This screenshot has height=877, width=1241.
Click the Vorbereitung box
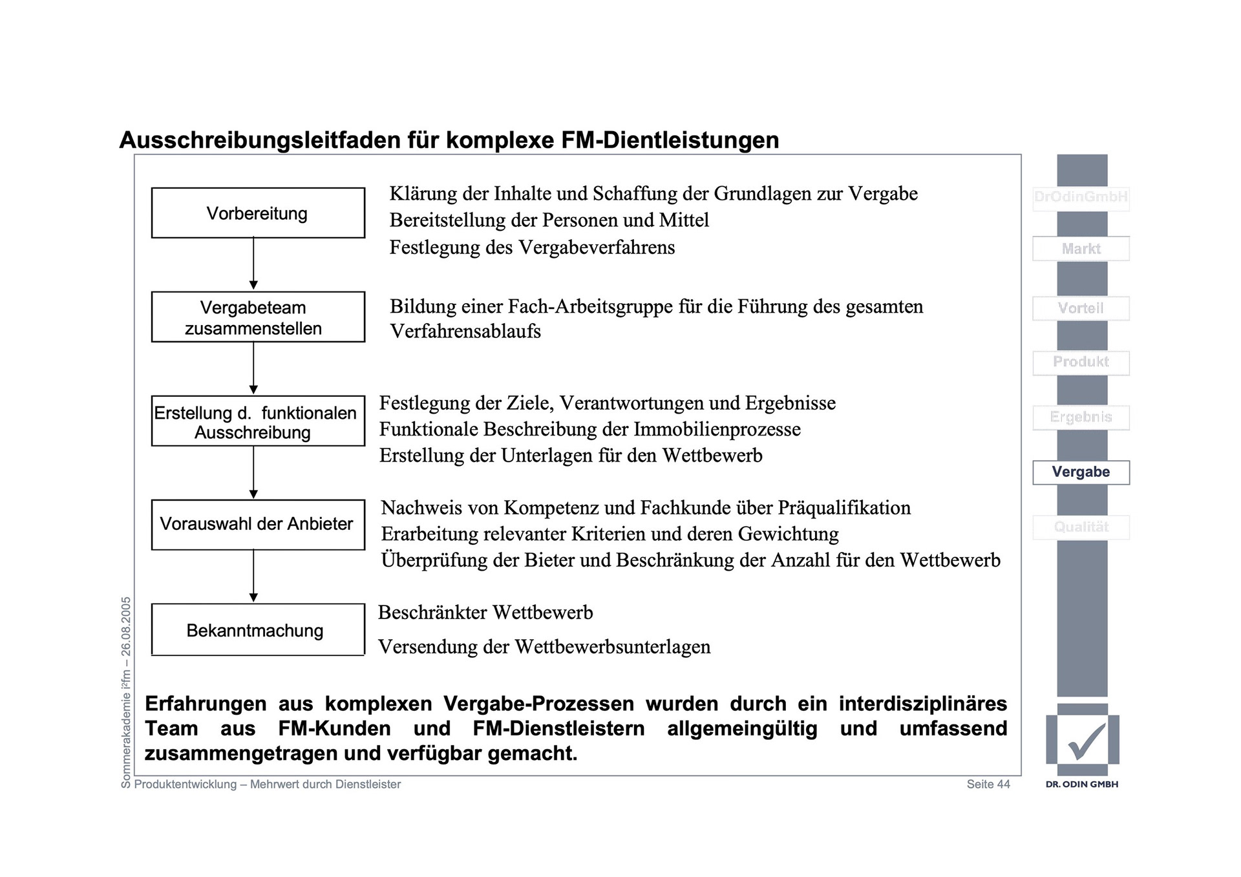(x=257, y=213)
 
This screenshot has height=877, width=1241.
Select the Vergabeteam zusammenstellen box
(x=257, y=317)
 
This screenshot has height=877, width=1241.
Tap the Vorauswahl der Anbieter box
(x=257, y=524)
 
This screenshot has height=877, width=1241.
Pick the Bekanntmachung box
(x=257, y=630)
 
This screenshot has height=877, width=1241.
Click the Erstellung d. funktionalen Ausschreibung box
(x=257, y=421)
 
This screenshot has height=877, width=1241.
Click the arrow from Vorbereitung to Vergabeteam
(x=253, y=264)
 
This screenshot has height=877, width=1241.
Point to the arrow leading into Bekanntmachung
(x=253, y=576)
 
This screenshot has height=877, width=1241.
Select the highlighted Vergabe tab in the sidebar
(x=1081, y=472)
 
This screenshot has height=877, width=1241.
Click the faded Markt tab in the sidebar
(x=1081, y=249)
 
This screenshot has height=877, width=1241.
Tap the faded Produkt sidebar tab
(x=1081, y=362)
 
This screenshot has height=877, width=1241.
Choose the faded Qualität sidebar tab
(x=1081, y=527)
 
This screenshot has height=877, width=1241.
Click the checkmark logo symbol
(x=1086, y=741)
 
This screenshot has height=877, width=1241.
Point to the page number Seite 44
(x=988, y=785)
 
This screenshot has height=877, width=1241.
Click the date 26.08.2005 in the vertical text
(x=126, y=626)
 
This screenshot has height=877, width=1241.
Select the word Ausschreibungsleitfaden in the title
(x=260, y=140)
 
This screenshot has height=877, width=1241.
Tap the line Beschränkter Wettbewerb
(x=485, y=613)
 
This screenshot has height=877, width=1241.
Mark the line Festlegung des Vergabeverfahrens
(x=532, y=248)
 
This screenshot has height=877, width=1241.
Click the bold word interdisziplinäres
(x=923, y=704)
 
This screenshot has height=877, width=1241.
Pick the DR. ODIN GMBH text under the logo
(x=1082, y=785)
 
